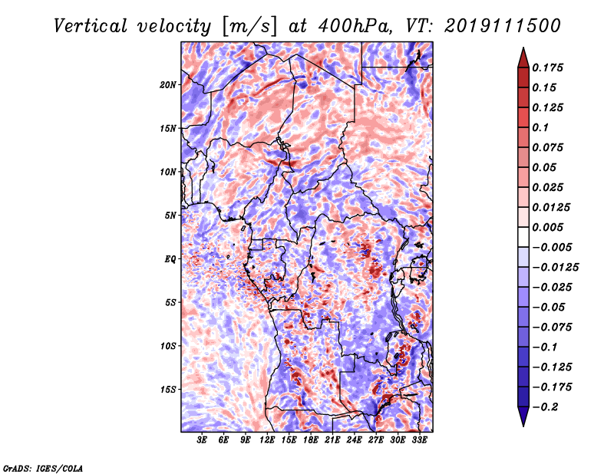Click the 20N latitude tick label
[168, 84]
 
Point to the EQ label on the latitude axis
[170, 259]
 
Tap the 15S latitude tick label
[168, 390]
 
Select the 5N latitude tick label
[170, 216]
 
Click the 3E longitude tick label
[203, 441]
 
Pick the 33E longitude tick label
[419, 441]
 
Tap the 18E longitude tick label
[311, 441]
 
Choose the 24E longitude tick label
[355, 441]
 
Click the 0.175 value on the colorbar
[550, 67]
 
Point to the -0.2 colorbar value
[550, 407]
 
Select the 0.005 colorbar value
[550, 227]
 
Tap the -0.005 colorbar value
[552, 247]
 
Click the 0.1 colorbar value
[543, 127]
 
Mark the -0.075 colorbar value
[552, 327]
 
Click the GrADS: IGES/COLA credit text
[42, 467]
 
